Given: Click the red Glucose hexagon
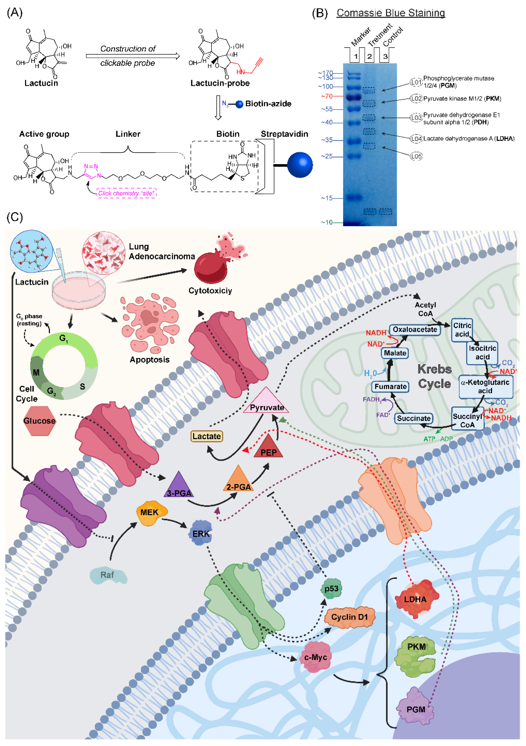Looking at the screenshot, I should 39,421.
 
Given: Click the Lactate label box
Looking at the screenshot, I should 207,436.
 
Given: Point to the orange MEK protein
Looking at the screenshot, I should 150,512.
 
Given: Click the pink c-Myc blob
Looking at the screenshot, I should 315,657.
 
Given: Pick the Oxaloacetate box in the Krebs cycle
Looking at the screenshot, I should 415,329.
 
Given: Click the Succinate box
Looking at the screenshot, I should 413,418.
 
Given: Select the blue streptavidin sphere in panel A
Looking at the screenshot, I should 300,165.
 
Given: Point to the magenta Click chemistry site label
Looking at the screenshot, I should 126,193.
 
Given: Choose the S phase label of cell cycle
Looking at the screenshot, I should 82,386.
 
